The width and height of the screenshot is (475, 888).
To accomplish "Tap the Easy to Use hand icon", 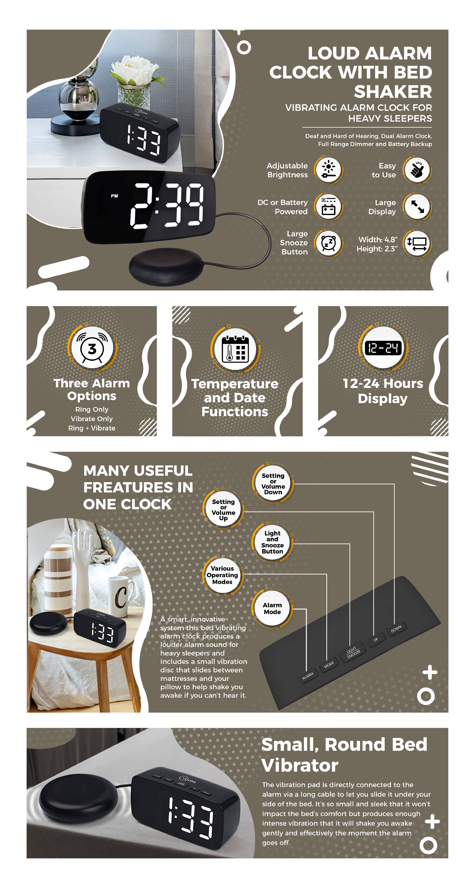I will [417, 170].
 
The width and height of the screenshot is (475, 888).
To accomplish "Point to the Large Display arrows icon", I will [417, 207].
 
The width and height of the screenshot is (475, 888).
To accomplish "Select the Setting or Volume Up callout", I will [223, 510].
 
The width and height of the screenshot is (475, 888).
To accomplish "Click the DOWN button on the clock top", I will [396, 629].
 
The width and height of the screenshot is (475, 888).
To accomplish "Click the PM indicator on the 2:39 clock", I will [114, 196].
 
